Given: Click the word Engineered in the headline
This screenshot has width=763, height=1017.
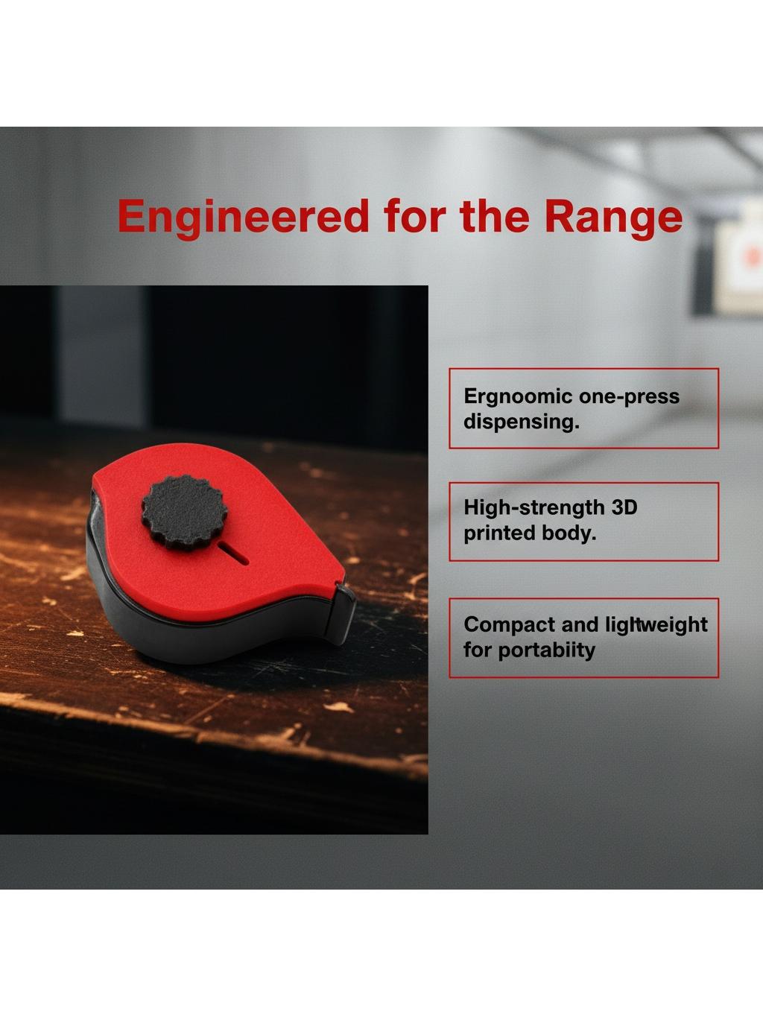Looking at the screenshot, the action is pyautogui.click(x=243, y=217).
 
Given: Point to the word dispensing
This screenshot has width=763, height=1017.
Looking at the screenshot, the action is pyautogui.click(x=521, y=422).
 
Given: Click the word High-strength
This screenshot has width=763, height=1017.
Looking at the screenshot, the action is pyautogui.click(x=534, y=508).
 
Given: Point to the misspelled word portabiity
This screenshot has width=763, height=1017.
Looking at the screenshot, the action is pyautogui.click(x=546, y=650).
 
